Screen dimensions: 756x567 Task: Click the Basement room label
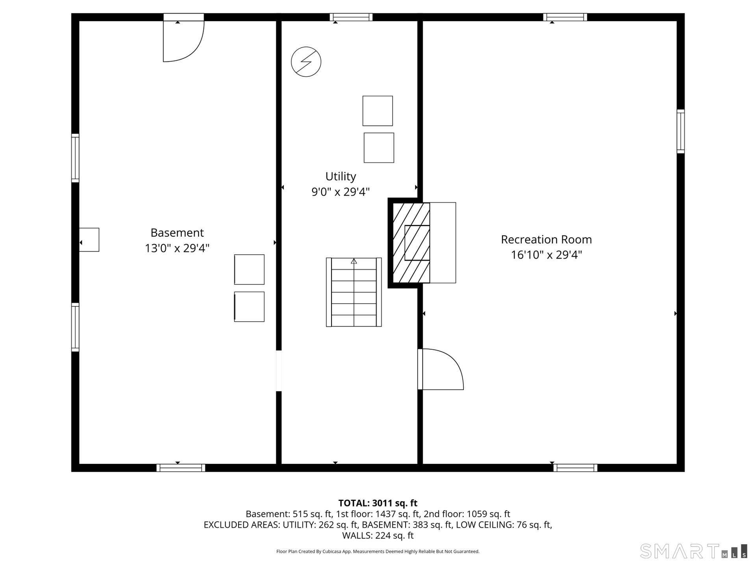pyautogui.click(x=177, y=233)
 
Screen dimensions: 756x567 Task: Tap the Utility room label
pyautogui.click(x=341, y=176)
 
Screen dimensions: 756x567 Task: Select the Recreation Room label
pyautogui.click(x=547, y=239)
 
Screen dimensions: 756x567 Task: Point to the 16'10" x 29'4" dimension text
pyautogui.click(x=547, y=255)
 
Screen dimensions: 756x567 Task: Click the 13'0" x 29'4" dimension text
pyautogui.click(x=177, y=248)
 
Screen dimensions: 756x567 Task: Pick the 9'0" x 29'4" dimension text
pyautogui.click(x=341, y=192)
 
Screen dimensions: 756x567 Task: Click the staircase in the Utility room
pyautogui.click(x=354, y=292)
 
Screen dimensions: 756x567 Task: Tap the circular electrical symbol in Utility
pyautogui.click(x=306, y=62)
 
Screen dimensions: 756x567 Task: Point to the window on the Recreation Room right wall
pyautogui.click(x=681, y=131)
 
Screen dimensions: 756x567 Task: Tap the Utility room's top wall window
pyautogui.click(x=351, y=17)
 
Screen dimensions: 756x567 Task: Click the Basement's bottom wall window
pyautogui.click(x=181, y=468)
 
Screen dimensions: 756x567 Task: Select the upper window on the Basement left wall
pyautogui.click(x=75, y=158)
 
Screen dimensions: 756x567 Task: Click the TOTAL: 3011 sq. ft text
pyautogui.click(x=378, y=503)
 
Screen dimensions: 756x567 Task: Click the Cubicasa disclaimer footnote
pyautogui.click(x=378, y=552)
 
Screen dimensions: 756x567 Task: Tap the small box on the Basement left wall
pyautogui.click(x=89, y=240)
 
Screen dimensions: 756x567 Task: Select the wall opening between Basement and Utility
pyautogui.click(x=279, y=371)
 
